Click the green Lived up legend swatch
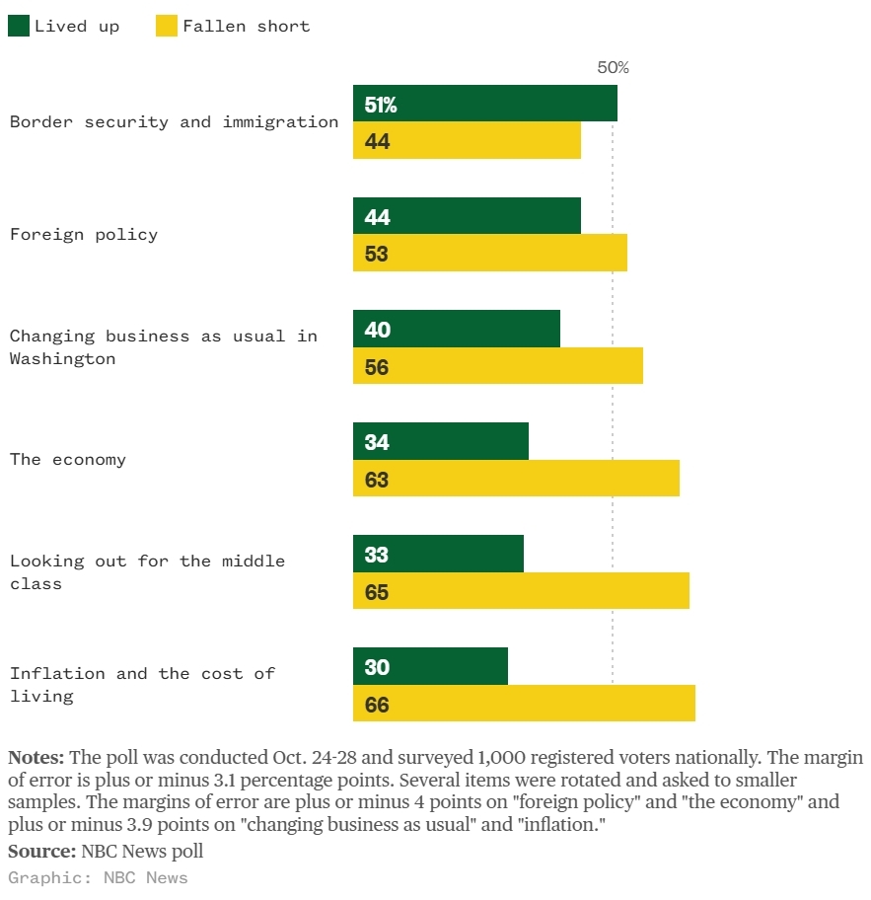[x=19, y=27]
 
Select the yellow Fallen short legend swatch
[x=167, y=27]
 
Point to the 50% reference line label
[x=613, y=68]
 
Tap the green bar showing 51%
[x=485, y=104]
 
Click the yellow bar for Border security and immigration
[x=467, y=141]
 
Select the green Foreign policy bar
[x=467, y=216]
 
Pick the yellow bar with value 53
[x=490, y=254]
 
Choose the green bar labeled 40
[x=457, y=329]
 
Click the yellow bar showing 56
[x=498, y=367]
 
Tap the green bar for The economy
[x=441, y=441]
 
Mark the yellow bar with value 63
[x=516, y=480]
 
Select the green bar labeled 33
[x=438, y=554]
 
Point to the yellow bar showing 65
[x=521, y=592]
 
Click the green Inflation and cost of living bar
[x=430, y=666]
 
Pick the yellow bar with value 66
[x=524, y=705]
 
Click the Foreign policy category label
[x=84, y=235]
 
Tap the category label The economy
[x=68, y=460]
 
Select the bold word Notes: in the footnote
[x=36, y=758]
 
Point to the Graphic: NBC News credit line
[x=98, y=877]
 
